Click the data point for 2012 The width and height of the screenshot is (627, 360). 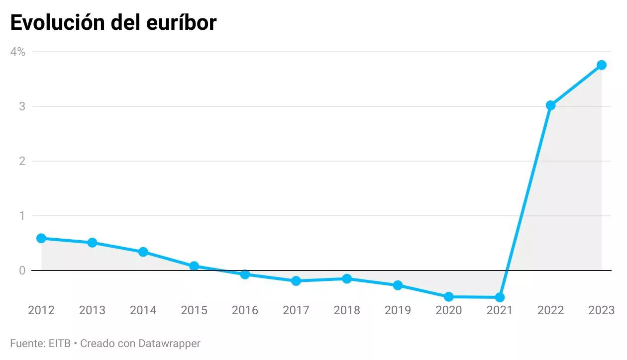[41, 238]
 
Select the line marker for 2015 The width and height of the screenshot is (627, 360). [194, 266]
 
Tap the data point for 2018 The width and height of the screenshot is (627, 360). [347, 279]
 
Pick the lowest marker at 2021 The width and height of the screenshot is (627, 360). [500, 297]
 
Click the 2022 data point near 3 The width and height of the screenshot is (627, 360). [550, 105]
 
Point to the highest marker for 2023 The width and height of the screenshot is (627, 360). [601, 65]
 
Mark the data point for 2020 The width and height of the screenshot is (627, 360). [448, 297]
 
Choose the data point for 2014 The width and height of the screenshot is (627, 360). [143, 252]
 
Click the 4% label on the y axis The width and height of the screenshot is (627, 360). [18, 52]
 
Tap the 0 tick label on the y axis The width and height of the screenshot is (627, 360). [22, 270]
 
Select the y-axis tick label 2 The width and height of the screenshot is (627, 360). [22, 161]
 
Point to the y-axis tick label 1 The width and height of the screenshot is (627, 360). [22, 216]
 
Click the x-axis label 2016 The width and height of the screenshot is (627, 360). [245, 311]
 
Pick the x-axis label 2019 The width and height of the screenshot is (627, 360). [398, 311]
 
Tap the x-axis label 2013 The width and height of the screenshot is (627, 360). [92, 311]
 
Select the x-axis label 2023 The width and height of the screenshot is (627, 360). [601, 311]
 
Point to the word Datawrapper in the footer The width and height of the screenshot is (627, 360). [169, 343]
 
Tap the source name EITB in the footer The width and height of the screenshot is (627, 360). [60, 343]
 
